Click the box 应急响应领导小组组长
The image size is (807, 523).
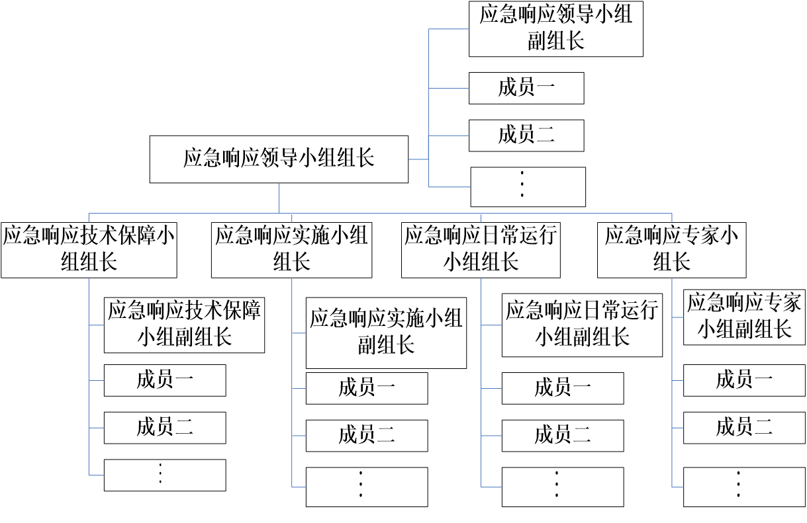tap(279, 159)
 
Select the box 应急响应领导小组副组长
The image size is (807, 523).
tap(555, 28)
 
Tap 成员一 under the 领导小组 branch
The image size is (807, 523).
tap(526, 88)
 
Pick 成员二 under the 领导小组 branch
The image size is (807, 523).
tap(526, 136)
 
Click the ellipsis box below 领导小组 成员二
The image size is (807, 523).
tap(528, 186)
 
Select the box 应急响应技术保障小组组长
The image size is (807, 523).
tap(89, 250)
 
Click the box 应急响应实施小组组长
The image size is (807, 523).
tap(291, 250)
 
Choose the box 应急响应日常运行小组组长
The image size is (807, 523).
tap(481, 250)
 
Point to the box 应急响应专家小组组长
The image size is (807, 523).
tap(672, 250)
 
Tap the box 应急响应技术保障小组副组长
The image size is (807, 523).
tap(184, 325)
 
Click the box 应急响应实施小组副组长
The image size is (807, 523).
tap(386, 333)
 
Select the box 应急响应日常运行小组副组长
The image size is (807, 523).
tap(582, 325)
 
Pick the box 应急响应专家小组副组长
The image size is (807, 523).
tap(744, 317)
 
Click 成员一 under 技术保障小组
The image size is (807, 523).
tap(165, 380)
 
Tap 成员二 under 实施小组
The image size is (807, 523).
tap(366, 435)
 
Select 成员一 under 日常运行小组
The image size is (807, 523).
tap(562, 387)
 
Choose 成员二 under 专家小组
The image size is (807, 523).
tap(744, 428)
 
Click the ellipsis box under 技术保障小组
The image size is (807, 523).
tap(165, 475)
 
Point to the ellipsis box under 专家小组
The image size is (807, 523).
tap(744, 487)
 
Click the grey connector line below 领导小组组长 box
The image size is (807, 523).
tap(279, 198)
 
